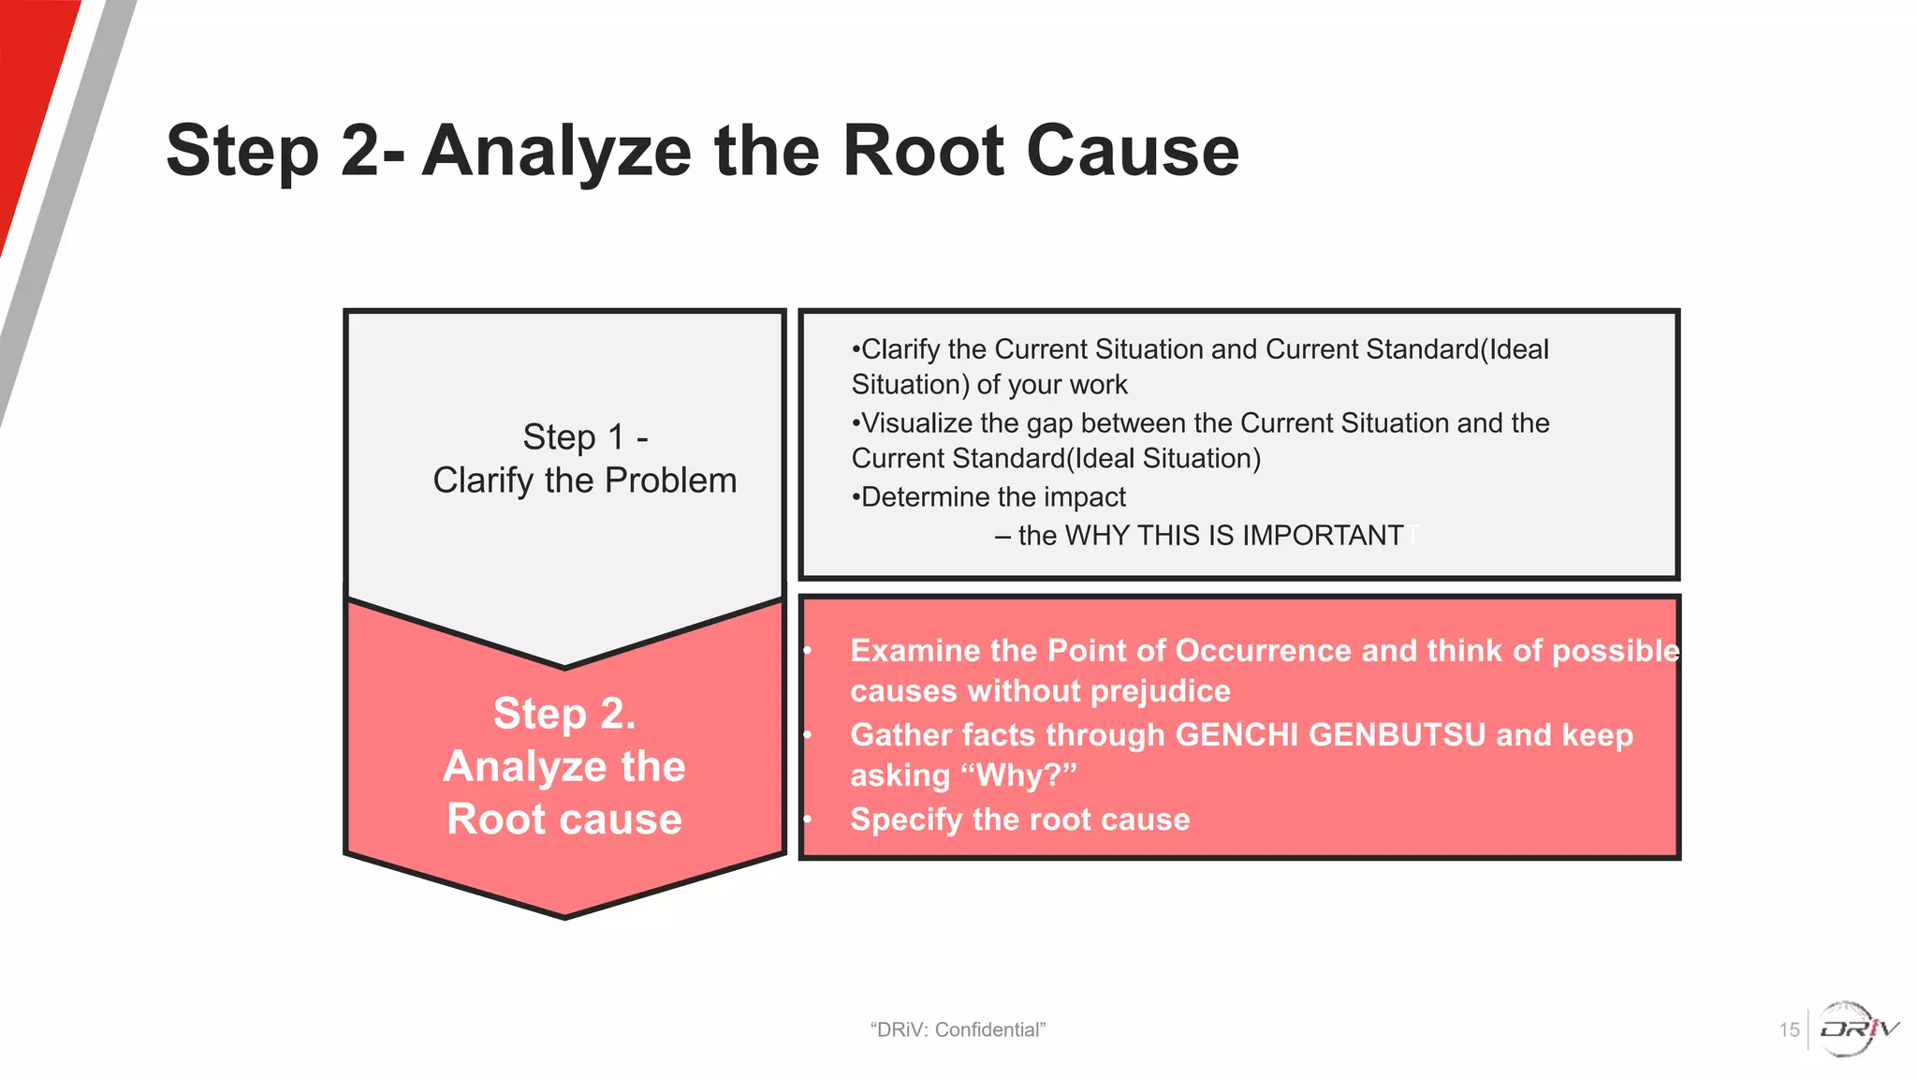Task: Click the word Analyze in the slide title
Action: (x=556, y=152)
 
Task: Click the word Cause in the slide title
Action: (x=1133, y=152)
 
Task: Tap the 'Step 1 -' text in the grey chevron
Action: (x=585, y=437)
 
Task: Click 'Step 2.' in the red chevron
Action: (x=564, y=714)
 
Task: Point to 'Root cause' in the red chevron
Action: (x=564, y=820)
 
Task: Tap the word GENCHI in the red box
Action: (x=1236, y=735)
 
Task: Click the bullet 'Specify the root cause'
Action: (x=1019, y=820)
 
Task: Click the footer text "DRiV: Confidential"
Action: (x=958, y=1030)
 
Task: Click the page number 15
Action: (x=1789, y=1030)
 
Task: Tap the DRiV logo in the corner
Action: (x=1857, y=1028)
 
